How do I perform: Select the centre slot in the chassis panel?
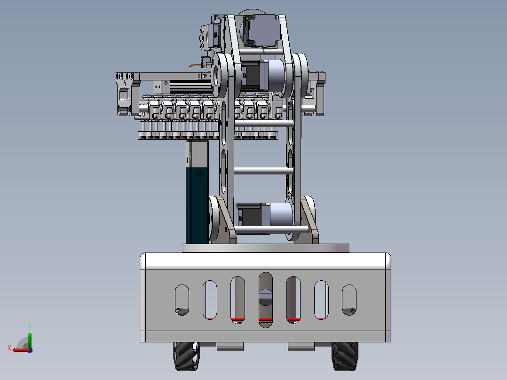click(x=265, y=300)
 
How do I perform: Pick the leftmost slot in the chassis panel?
click(x=182, y=300)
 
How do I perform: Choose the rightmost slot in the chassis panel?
click(x=349, y=300)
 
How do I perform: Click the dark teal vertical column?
click(x=197, y=192)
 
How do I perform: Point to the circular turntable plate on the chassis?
click(x=265, y=248)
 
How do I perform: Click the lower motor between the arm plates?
click(x=264, y=215)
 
